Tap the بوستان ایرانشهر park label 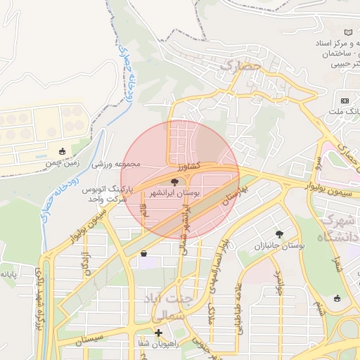pos(174,191)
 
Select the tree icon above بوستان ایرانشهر pos(174,181)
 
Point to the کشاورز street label pos(191,167)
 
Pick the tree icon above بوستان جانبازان pos(280,234)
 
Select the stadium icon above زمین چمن pos(63,151)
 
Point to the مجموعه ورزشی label pos(117,165)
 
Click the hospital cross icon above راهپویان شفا pos(159,333)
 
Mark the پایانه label pos(8,273)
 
